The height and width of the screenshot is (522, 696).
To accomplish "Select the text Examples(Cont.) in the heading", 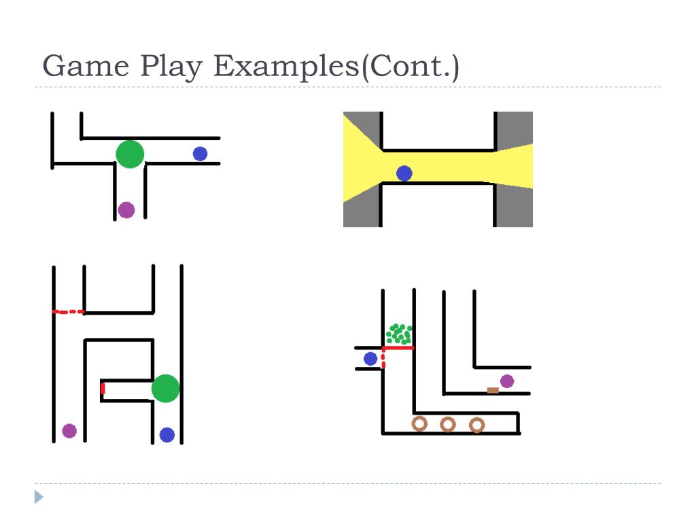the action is (337, 67).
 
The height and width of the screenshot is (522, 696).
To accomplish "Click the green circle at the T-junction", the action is (130, 154).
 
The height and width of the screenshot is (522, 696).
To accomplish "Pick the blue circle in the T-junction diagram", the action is (200, 154).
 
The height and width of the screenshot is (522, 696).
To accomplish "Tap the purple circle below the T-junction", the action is (126, 209).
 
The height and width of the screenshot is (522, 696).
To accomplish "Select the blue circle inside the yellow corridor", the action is (404, 173).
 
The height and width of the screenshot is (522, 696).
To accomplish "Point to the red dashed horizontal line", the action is (69, 312).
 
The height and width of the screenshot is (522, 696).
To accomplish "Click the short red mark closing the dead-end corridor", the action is (103, 389).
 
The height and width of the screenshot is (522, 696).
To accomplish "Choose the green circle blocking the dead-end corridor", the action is (165, 388).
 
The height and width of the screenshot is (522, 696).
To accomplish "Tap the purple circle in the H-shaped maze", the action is (69, 430).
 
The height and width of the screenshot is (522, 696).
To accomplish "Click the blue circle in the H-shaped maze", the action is (167, 434).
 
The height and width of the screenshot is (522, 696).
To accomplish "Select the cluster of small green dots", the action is (399, 334).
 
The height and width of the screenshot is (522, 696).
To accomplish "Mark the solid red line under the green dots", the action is (399, 348).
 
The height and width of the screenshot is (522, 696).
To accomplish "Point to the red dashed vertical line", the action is (383, 360).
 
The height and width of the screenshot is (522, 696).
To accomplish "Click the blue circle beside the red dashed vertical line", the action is (370, 358).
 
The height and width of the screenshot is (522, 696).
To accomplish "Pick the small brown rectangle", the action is (493, 390).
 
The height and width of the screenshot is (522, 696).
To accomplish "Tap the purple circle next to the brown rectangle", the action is (507, 381).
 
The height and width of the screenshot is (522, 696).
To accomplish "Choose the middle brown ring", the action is (447, 424).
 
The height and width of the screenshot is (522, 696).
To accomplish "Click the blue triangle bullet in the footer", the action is (39, 497).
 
